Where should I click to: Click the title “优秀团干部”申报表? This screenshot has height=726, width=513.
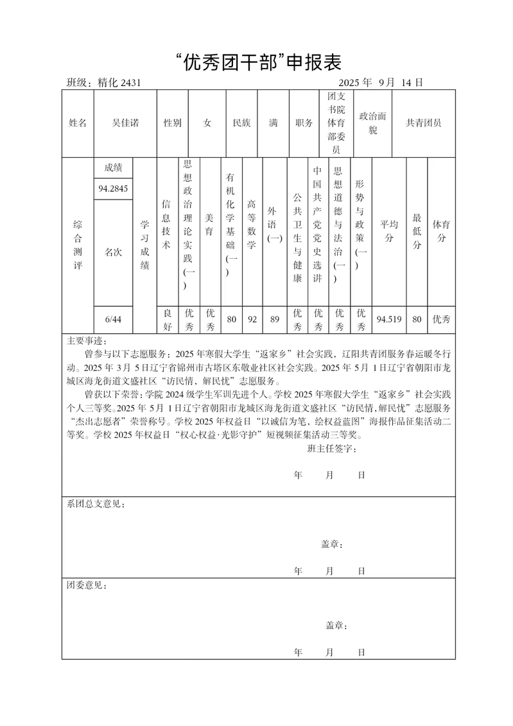257,62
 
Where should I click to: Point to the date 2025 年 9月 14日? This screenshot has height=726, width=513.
380,83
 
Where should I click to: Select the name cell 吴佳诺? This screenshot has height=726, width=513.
125,123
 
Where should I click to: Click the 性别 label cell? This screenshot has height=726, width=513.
172,123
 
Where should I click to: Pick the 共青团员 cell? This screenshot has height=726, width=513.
424,123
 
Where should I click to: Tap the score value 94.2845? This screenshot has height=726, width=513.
113,189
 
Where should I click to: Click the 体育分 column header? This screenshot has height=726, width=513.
441,231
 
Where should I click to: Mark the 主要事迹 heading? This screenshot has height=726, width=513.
88,340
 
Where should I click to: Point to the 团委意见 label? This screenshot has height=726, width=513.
87,586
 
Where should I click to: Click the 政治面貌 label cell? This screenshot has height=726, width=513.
372,123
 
